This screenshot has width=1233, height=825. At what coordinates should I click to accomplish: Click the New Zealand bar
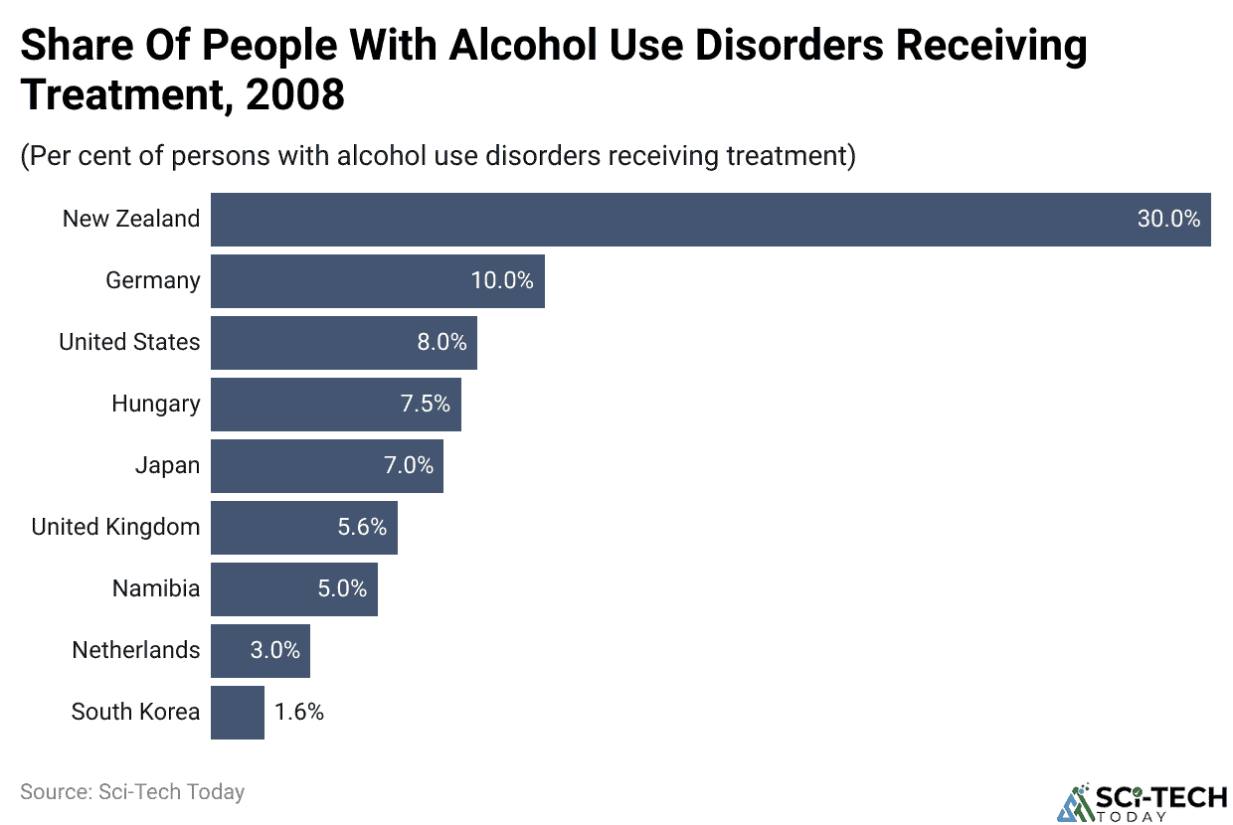tap(710, 220)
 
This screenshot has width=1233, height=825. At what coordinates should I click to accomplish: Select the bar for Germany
tap(377, 281)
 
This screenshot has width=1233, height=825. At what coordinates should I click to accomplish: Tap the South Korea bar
tap(237, 713)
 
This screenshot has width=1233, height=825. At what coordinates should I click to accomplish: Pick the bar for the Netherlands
tap(260, 651)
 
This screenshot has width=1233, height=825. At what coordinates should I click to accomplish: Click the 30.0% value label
tap(1168, 220)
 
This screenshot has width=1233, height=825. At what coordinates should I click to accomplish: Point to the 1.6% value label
tap(299, 713)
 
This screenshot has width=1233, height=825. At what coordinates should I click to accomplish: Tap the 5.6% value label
tap(362, 528)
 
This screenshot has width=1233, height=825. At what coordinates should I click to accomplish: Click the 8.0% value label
tap(441, 343)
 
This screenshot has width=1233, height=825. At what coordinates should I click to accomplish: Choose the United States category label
tap(129, 343)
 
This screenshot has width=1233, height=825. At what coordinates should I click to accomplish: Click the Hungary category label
tap(155, 405)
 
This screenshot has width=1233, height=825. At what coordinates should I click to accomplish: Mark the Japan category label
tap(167, 466)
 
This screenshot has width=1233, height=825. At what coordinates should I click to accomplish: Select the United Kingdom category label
tap(115, 528)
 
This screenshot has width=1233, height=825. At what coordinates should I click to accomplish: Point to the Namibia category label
tap(155, 589)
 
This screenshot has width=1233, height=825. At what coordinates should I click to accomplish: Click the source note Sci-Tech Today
tap(132, 792)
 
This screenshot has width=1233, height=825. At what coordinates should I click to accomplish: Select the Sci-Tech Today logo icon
tap(1076, 803)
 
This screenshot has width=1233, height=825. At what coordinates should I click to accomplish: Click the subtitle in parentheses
tap(438, 157)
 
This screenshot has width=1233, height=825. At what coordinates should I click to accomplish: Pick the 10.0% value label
tap(502, 281)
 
